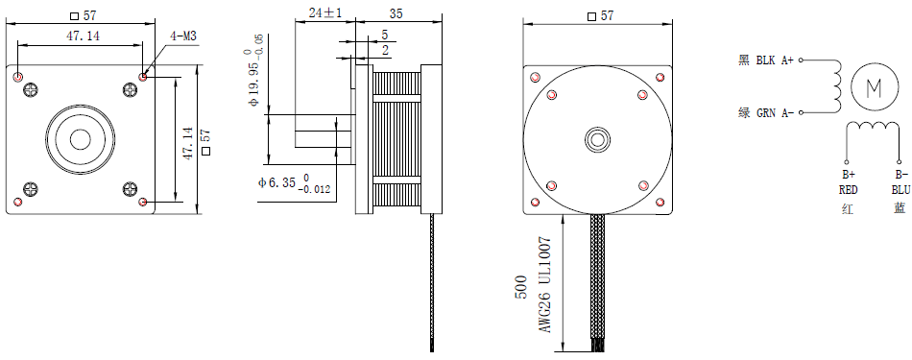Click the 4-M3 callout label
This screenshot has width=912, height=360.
point(182,36)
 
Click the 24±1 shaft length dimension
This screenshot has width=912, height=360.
point(325,12)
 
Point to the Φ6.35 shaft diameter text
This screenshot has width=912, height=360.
point(295,183)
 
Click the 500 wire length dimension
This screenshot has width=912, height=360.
point(521,287)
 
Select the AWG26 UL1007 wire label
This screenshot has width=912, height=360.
point(544,284)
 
